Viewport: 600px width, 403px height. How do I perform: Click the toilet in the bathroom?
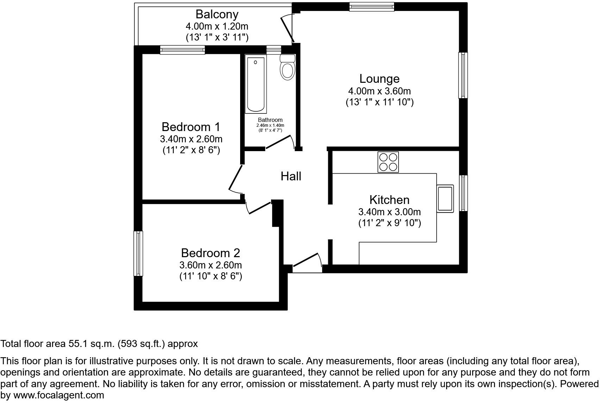click(287, 69)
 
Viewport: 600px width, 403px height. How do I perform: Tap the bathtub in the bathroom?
click(255, 85)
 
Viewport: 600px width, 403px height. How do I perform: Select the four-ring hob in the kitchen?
click(388, 162)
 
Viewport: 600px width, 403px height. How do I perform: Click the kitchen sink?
click(445, 198)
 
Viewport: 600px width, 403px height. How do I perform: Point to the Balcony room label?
click(217, 14)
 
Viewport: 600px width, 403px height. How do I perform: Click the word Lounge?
click(379, 79)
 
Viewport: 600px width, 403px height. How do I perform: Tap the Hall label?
click(291, 176)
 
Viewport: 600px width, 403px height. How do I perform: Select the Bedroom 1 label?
click(191, 126)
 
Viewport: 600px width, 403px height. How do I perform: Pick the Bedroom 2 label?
click(210, 253)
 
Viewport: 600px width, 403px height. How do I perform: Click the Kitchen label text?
click(389, 200)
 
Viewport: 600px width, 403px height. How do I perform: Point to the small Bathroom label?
click(270, 120)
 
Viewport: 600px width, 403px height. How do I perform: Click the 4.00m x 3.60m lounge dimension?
click(379, 91)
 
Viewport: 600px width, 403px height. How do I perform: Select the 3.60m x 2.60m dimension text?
click(210, 265)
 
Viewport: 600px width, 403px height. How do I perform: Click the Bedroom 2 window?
click(138, 253)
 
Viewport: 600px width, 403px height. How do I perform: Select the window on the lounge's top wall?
click(371, 6)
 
